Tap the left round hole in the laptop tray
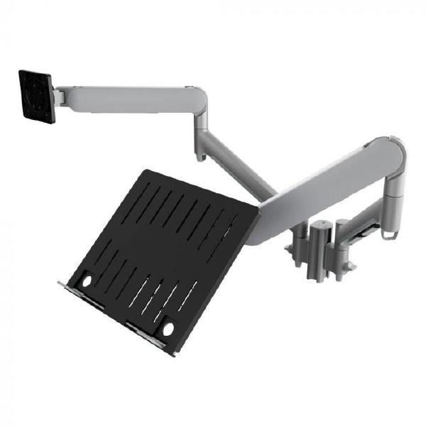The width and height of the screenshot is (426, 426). coord(87,281)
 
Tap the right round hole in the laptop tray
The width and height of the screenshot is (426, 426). coord(168,329)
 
